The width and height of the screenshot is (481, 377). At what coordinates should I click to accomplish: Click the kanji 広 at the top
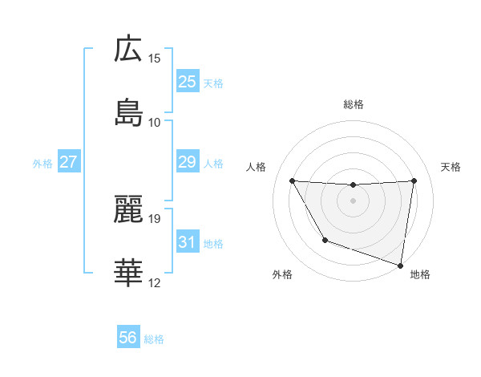coord(128,49)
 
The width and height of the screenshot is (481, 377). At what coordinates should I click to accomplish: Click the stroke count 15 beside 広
coord(155,59)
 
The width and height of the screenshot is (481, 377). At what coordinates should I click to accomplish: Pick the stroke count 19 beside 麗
coord(155,218)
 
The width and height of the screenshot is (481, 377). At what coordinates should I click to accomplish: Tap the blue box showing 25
coord(187,82)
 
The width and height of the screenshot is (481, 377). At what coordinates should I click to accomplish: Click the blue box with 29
coord(187,162)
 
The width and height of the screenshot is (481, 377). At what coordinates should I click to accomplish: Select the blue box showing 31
coord(187,242)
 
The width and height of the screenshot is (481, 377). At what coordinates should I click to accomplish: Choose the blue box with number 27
coord(68,162)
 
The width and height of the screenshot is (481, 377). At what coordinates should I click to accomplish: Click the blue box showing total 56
coord(127,338)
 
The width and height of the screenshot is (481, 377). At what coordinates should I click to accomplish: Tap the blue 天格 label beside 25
coord(213,83)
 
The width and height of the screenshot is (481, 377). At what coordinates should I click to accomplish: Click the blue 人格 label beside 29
coord(213,164)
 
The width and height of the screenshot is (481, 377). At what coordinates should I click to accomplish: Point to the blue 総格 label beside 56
coord(154,340)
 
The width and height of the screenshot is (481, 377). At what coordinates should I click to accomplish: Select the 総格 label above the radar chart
coord(353,104)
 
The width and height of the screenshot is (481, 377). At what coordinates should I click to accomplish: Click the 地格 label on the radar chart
coord(420,274)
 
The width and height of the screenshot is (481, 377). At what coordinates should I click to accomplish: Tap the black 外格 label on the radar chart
coord(282,274)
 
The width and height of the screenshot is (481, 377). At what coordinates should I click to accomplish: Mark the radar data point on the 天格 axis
coord(414,180)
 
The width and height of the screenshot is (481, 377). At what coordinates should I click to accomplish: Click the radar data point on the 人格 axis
coord(292,180)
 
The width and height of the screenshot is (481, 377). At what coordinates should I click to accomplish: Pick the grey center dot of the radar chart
coord(353,201)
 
